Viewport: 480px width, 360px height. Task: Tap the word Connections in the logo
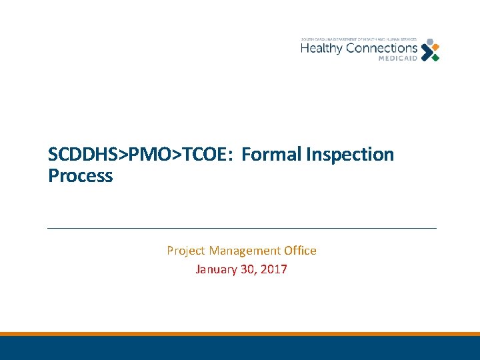tap(379, 49)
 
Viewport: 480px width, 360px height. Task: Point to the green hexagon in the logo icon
tap(435, 57)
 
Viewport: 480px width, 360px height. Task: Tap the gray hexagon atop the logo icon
tap(429, 42)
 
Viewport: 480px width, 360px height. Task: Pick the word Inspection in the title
tap(350, 155)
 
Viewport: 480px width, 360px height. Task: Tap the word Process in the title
tap(80, 176)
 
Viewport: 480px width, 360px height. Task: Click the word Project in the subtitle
tap(186, 251)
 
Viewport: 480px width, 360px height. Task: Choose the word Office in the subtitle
tap(300, 251)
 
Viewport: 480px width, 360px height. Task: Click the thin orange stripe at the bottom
tap(240, 334)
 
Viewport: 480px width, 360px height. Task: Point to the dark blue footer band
tap(240, 348)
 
